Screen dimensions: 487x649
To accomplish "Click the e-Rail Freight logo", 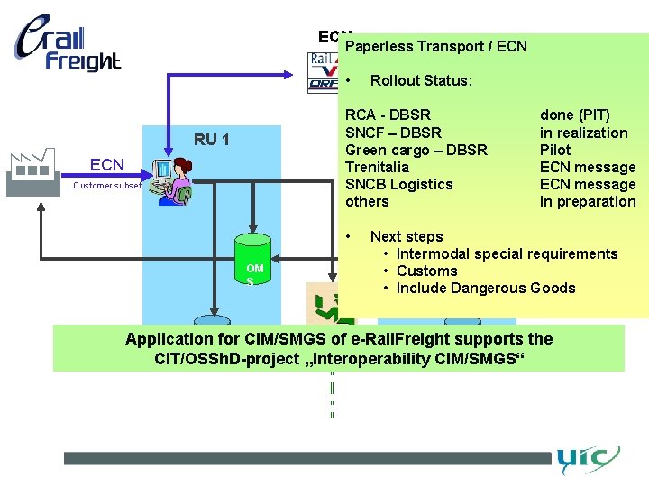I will point(68,45).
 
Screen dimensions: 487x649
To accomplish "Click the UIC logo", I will point(587,459).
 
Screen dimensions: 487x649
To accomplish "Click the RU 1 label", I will point(212,140).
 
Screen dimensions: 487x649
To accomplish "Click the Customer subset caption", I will point(107,186).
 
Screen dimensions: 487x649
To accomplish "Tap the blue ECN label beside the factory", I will point(107,165).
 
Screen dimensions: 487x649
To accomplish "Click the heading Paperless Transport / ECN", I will point(435,46).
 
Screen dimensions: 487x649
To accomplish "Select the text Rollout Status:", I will point(421,80).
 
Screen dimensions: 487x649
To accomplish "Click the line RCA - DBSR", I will point(388,115).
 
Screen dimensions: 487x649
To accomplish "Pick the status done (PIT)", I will point(574,115).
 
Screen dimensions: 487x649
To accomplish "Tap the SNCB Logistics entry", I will point(399,184).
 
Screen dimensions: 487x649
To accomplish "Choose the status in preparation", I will point(588,201).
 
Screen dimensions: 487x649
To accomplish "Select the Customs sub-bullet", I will point(426,271).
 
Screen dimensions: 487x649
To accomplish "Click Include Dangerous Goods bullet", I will point(485,288).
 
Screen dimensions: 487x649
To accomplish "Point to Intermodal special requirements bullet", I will point(507,253).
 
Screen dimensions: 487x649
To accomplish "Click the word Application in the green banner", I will point(167,340).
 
